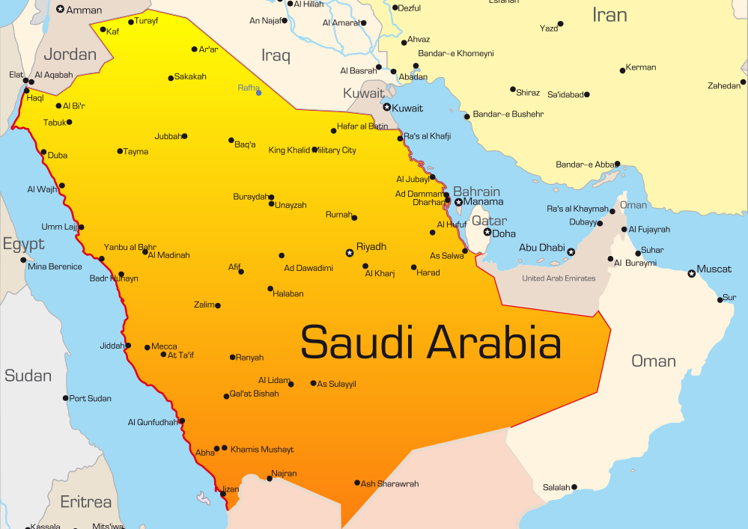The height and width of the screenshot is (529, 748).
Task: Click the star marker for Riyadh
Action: click(x=349, y=253)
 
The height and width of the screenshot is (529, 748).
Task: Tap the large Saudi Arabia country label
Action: click(x=431, y=342)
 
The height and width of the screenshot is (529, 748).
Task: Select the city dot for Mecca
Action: click(x=148, y=346)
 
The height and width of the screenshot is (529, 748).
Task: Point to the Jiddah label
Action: click(x=112, y=346)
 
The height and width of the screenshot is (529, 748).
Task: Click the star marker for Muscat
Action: click(x=691, y=274)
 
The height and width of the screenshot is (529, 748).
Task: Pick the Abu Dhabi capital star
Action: click(x=571, y=252)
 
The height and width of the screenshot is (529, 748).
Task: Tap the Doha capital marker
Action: click(x=487, y=232)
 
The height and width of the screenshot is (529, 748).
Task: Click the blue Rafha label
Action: click(x=248, y=88)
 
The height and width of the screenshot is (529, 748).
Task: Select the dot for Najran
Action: click(x=270, y=478)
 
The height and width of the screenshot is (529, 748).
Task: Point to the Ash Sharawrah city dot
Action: click(x=357, y=483)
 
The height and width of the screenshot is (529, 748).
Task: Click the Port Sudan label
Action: click(x=91, y=398)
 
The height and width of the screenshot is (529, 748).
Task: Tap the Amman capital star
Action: click(x=60, y=9)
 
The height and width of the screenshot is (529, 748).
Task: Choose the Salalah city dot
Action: click(x=574, y=487)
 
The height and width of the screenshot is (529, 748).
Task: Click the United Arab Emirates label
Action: click(x=559, y=278)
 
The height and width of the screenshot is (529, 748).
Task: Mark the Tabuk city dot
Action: click(x=70, y=122)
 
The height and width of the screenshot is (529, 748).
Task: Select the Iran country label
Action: click(x=609, y=14)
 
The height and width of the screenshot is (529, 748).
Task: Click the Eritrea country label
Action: click(x=85, y=502)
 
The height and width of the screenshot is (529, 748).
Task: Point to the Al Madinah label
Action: click(x=169, y=255)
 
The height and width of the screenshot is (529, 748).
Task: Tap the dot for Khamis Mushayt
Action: click(x=225, y=448)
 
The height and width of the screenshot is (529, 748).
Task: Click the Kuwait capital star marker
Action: click(x=387, y=107)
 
